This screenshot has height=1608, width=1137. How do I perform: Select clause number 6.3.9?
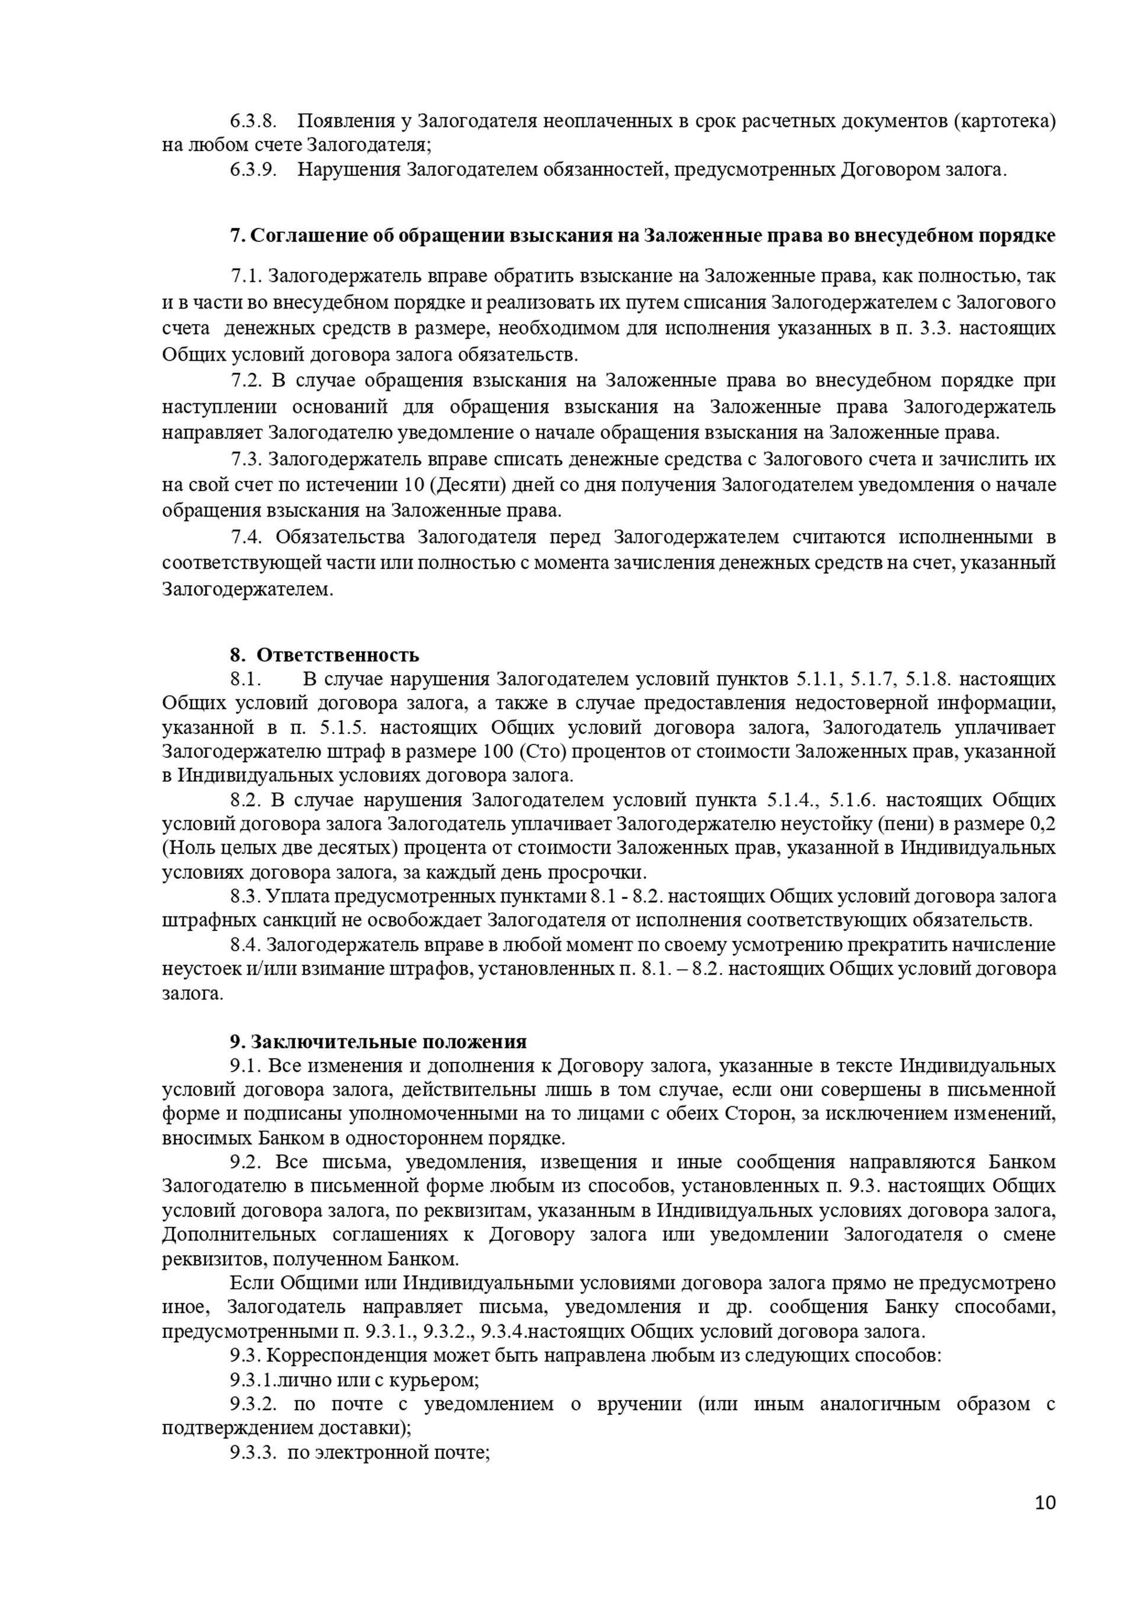coord(253,169)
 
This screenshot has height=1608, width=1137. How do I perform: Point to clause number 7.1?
coord(246,276)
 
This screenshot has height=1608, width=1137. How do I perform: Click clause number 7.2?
coord(246,380)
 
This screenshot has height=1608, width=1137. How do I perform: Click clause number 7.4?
coord(246,537)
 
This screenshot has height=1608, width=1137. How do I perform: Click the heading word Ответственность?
coord(338,655)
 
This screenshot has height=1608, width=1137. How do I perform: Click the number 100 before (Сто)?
coord(497,752)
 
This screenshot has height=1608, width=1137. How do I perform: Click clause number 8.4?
coord(245,945)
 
